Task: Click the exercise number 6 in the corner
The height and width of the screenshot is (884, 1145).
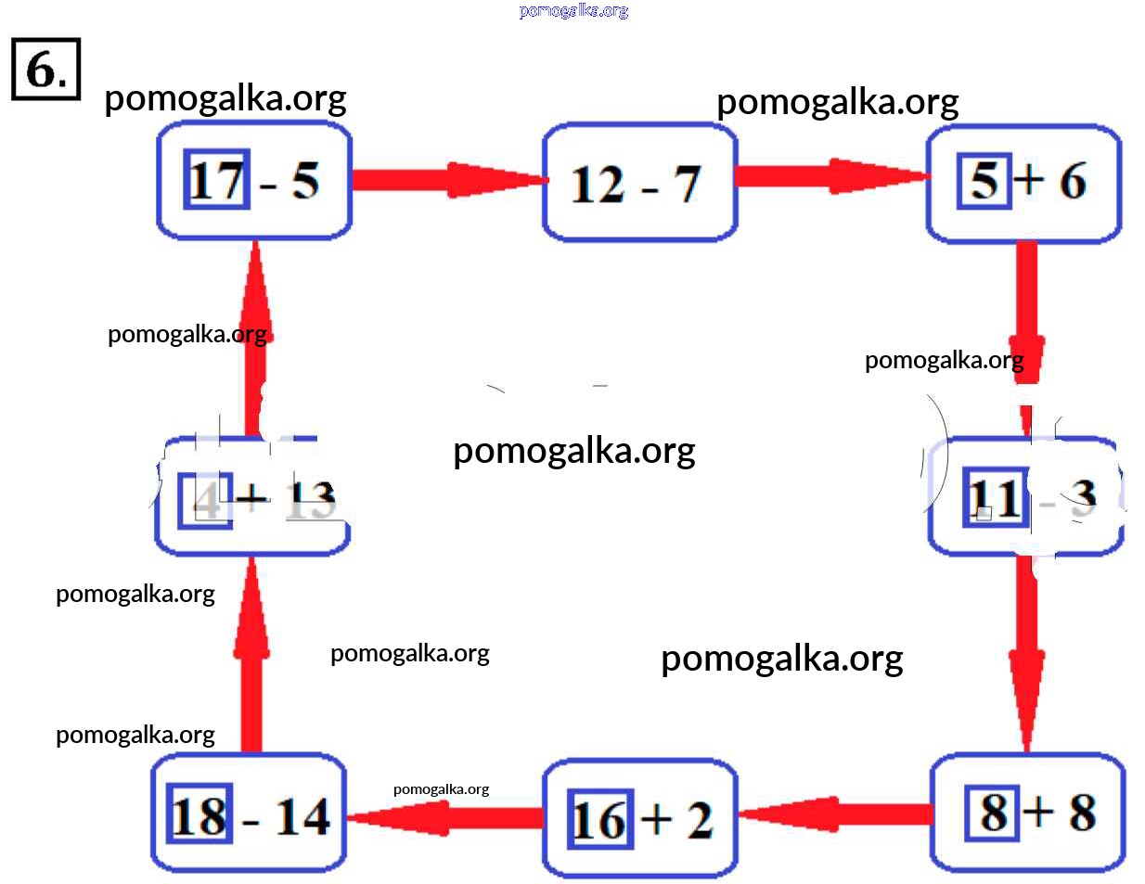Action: click(45, 69)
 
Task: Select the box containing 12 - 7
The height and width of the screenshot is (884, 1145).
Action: click(639, 182)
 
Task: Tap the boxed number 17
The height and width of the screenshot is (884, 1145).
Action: click(217, 179)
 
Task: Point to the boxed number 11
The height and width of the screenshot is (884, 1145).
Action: click(995, 497)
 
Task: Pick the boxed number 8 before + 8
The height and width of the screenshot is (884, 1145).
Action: click(994, 813)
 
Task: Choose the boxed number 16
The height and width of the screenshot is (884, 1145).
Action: click(599, 820)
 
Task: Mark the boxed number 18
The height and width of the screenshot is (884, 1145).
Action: click(199, 816)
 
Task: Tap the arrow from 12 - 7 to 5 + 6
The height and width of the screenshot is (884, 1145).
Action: click(831, 176)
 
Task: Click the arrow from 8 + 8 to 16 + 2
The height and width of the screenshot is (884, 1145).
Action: click(835, 814)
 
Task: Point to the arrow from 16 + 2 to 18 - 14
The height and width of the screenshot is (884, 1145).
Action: click(444, 817)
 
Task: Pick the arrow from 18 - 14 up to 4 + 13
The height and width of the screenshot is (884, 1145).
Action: click(251, 654)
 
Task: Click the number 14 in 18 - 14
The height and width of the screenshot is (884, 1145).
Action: click(302, 817)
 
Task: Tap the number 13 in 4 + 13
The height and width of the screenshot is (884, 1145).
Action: click(310, 501)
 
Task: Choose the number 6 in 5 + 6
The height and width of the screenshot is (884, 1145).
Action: click(1073, 181)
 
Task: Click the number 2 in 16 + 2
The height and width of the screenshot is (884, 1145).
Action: click(700, 821)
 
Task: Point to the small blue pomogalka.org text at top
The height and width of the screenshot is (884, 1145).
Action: click(573, 10)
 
